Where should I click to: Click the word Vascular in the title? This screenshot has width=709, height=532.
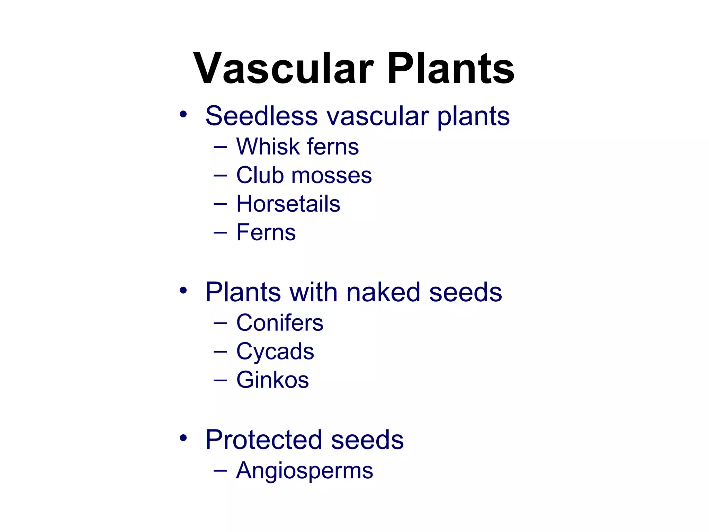283,68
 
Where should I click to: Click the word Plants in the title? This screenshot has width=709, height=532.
450,68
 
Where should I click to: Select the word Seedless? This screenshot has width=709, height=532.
261,116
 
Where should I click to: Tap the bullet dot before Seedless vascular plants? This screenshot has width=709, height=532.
183,114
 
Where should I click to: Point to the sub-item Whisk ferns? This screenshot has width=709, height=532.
297,147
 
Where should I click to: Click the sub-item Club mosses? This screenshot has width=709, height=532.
304,175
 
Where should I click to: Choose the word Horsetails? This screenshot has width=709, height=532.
288,204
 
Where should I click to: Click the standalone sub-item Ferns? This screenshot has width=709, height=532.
266,232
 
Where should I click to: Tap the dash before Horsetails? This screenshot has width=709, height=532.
221,204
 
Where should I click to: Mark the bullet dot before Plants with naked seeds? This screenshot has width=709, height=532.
183,290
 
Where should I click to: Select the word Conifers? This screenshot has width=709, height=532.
280,323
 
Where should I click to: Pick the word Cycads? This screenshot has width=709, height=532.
275,352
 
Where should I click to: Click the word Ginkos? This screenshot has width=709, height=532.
272,380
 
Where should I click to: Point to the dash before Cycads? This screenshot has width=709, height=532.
221,352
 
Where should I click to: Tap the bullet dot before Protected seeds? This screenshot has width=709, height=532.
183,438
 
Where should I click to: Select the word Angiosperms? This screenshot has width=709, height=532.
304,471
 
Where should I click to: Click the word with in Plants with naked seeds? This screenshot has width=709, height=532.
313,292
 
